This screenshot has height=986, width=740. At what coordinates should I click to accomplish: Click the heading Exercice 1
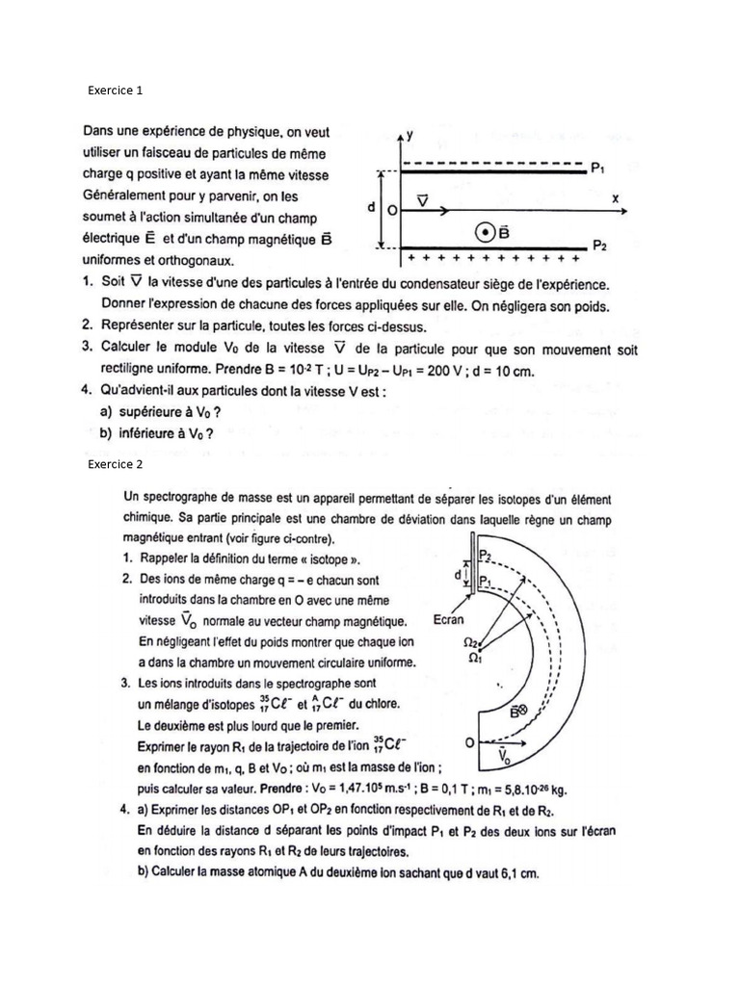115,91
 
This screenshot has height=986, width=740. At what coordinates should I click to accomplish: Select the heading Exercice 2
115,464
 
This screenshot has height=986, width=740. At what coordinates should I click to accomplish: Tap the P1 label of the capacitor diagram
597,169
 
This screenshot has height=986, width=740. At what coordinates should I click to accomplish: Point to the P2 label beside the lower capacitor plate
599,246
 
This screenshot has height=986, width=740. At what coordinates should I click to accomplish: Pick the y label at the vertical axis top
410,135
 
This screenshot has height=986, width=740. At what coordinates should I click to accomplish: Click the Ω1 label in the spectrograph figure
472,658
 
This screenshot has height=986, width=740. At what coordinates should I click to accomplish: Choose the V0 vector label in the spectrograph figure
505,759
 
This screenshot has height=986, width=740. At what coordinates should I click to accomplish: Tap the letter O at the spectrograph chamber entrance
468,743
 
